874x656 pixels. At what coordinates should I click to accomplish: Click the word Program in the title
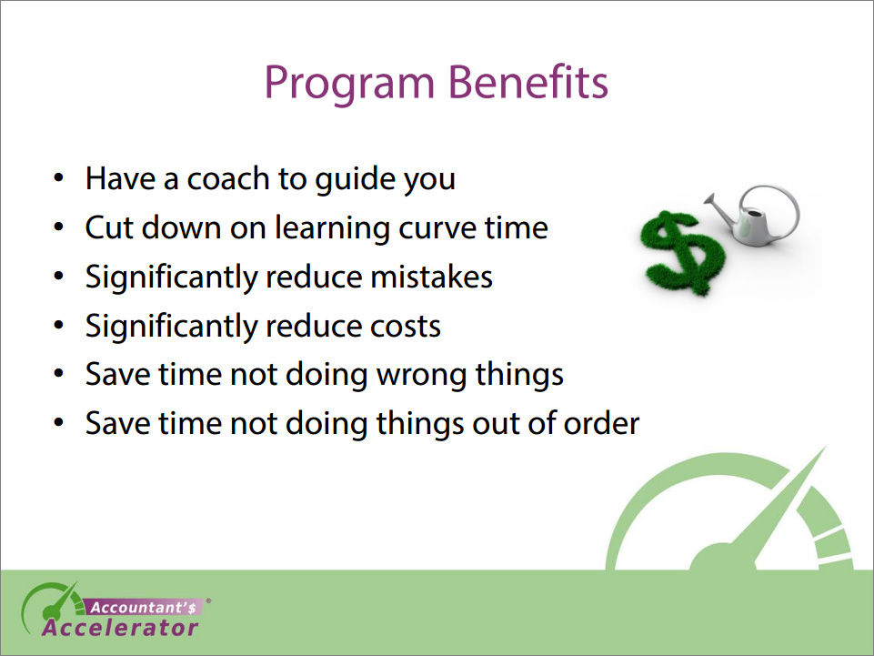click(349, 84)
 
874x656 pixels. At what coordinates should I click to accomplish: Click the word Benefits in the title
click(527, 82)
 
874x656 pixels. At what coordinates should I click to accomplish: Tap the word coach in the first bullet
click(228, 178)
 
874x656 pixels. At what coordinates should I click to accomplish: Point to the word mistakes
click(431, 277)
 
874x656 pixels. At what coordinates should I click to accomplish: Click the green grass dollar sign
click(683, 252)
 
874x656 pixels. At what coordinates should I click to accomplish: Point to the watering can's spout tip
click(708, 197)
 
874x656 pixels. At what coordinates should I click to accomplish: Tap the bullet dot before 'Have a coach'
click(58, 178)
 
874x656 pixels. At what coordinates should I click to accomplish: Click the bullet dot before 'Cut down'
click(58, 227)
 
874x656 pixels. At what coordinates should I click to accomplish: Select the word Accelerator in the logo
click(120, 628)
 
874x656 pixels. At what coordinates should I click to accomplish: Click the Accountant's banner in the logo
click(144, 608)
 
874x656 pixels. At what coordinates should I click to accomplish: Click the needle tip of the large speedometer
click(824, 448)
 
